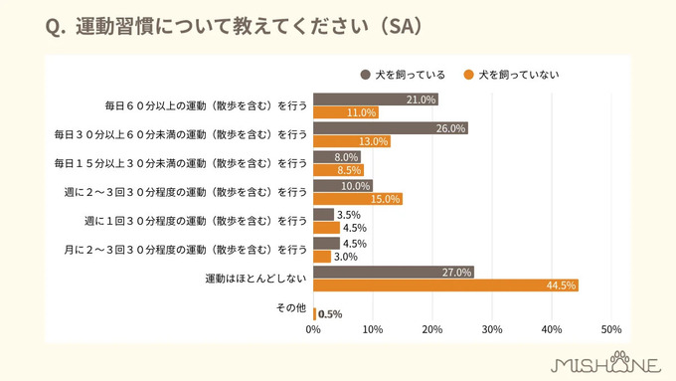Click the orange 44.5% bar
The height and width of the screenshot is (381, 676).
[445, 286]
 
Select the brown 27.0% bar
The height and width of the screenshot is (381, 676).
[394, 272]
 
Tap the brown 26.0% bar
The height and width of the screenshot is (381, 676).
[391, 128]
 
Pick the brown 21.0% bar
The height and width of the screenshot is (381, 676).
[376, 99]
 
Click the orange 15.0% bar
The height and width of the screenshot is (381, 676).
[358, 199]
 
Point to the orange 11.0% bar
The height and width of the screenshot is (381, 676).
[346, 112]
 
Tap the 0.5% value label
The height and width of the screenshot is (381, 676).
[330, 314]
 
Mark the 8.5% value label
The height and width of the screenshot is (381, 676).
[350, 170]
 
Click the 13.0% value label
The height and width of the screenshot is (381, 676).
[374, 141]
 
